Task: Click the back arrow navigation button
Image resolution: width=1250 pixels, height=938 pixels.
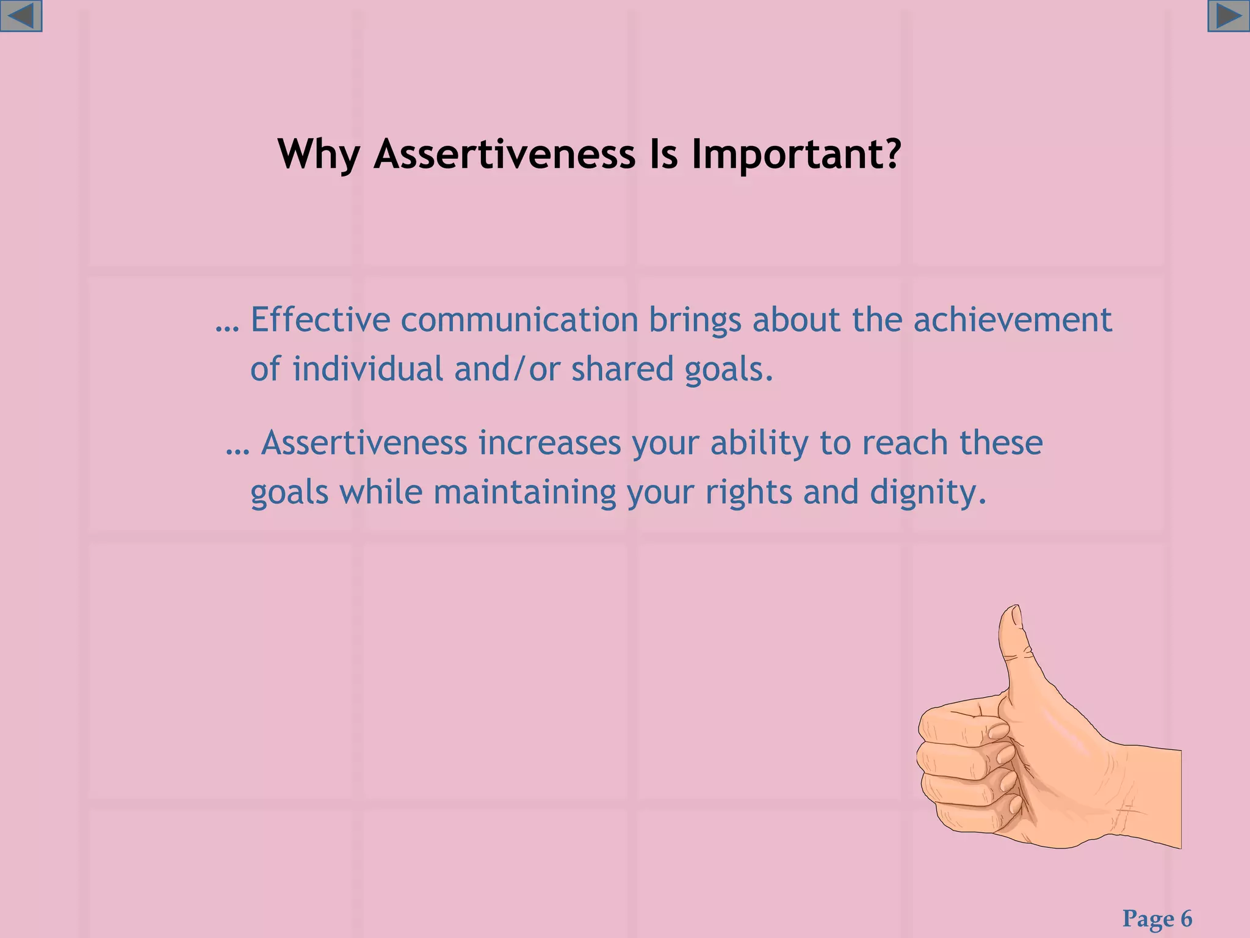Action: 21,16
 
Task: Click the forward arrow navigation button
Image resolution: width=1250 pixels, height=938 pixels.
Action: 1228,16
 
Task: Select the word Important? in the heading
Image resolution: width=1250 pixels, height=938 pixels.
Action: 796,154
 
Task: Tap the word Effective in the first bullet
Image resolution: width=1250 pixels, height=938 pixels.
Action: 320,319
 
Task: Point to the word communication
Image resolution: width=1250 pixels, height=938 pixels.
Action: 519,319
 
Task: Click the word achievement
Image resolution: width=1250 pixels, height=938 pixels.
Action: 1012,319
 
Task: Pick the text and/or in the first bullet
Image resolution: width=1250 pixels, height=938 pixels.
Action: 506,369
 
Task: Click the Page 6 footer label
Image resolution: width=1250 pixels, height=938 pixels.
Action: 1157,918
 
